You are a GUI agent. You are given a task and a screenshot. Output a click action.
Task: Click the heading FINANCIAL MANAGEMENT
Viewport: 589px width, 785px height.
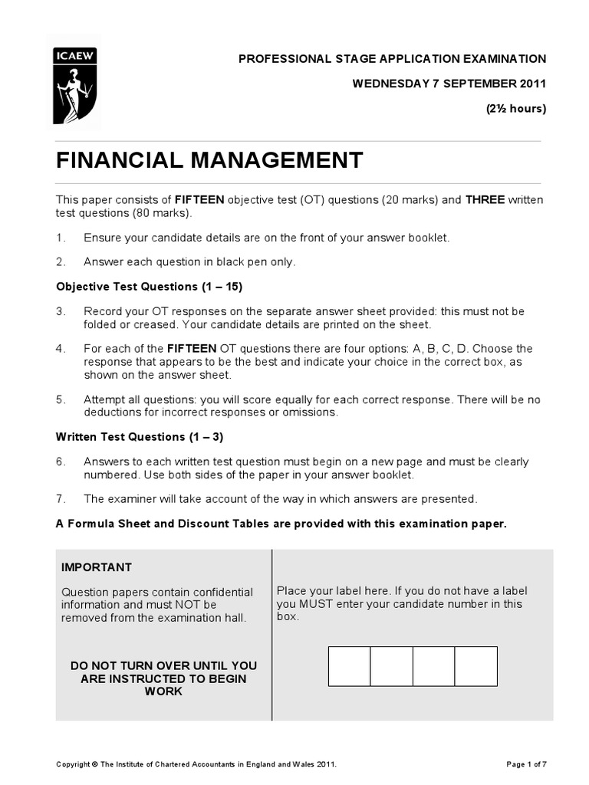click(x=209, y=161)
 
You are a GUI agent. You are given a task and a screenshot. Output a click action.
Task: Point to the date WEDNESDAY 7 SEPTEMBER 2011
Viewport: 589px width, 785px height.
click(x=449, y=84)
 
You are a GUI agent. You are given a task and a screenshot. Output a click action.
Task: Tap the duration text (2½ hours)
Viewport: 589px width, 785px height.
click(x=515, y=108)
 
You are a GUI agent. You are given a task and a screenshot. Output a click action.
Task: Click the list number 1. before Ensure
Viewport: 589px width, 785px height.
click(x=61, y=238)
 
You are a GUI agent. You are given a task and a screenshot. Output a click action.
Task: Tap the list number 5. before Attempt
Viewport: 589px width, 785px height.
click(x=61, y=399)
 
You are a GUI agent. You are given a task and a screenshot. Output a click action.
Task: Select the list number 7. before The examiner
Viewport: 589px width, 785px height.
click(x=61, y=499)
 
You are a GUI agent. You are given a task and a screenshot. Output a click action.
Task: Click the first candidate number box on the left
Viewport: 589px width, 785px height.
click(x=350, y=666)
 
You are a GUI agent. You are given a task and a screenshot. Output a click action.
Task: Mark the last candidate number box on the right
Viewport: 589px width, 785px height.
click(x=475, y=666)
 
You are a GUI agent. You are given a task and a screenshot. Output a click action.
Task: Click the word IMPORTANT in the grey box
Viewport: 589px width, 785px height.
click(x=97, y=567)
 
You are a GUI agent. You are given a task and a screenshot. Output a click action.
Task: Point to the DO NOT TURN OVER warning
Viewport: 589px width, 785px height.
click(x=163, y=678)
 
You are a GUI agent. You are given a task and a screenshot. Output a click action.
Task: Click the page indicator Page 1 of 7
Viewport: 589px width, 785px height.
click(x=527, y=764)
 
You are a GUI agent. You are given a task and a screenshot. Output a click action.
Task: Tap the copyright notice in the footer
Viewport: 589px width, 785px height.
click(x=196, y=764)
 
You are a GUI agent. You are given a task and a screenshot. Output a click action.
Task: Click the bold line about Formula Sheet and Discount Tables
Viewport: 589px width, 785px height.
click(x=281, y=524)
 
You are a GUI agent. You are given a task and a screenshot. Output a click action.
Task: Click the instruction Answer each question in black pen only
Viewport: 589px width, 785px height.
click(x=189, y=262)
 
